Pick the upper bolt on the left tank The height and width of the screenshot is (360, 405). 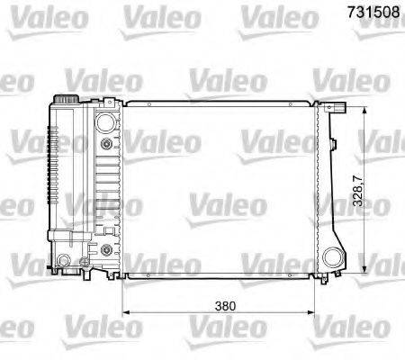click(107, 144)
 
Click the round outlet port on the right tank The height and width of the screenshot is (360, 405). click(334, 256)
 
